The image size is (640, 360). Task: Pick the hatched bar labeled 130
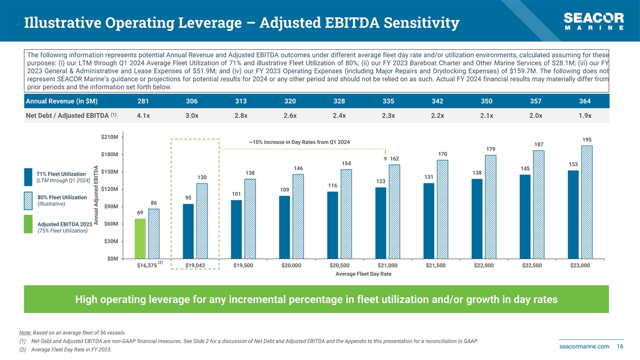tap(202, 221)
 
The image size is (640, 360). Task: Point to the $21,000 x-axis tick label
tap(387, 266)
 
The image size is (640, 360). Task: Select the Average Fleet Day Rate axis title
tap(363, 274)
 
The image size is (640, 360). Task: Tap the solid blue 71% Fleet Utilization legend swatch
tap(30, 177)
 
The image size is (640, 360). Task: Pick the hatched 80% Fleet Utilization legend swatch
tap(30, 201)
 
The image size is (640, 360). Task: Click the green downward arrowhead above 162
tap(385, 158)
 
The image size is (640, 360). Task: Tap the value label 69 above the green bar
tap(140, 213)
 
